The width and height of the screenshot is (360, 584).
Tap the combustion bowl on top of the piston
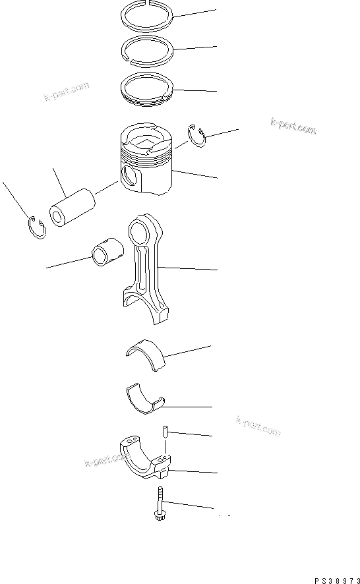pos(145,140)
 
